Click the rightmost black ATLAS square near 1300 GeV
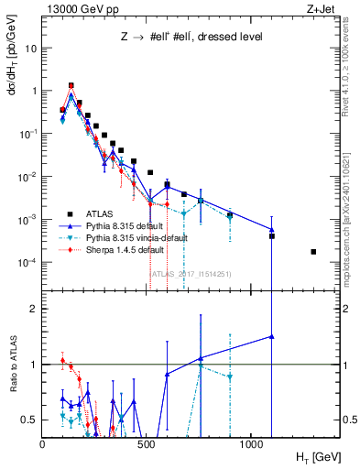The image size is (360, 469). [314, 251]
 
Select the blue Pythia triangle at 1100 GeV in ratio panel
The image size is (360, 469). [272, 336]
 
